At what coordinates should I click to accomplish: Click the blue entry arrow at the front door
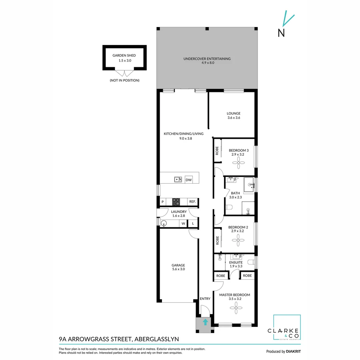(205, 322)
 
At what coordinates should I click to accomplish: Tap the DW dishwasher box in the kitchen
(189, 180)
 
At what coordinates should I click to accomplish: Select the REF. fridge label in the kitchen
(192, 202)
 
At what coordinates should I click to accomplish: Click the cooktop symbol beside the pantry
(176, 202)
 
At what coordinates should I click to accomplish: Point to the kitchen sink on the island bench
(178, 180)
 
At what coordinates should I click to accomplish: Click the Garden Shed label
(124, 56)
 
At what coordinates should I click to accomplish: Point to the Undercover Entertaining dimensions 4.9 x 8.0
(207, 62)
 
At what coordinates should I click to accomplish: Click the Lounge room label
(234, 113)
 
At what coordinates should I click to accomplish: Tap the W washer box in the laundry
(183, 223)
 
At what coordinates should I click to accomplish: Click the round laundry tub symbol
(164, 223)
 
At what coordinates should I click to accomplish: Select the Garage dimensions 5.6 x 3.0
(178, 269)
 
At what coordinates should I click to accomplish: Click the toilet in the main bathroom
(229, 207)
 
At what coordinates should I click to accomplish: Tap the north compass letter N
(281, 33)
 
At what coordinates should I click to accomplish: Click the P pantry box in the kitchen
(163, 202)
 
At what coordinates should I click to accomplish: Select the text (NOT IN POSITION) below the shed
(124, 80)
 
